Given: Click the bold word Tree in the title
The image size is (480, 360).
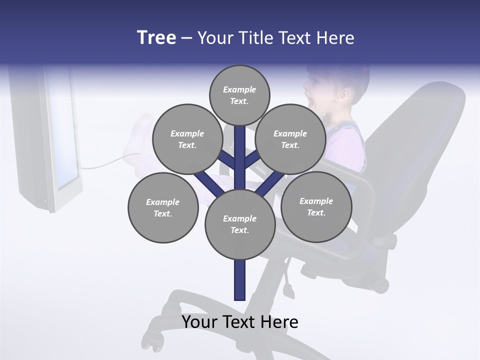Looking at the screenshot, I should (x=156, y=38).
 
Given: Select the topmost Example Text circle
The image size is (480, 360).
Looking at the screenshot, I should (x=239, y=95).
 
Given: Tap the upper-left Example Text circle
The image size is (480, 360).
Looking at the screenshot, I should (x=187, y=139).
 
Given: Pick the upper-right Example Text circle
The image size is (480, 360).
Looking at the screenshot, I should (x=290, y=139).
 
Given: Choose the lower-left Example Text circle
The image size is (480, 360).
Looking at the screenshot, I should (x=162, y=207).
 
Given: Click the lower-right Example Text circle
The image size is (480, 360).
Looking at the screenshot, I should (x=316, y=206).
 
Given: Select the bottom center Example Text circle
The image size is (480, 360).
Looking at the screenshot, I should (x=239, y=224).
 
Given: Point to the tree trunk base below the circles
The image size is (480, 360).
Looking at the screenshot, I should (x=239, y=285).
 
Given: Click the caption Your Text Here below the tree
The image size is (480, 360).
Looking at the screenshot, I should (x=239, y=322).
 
